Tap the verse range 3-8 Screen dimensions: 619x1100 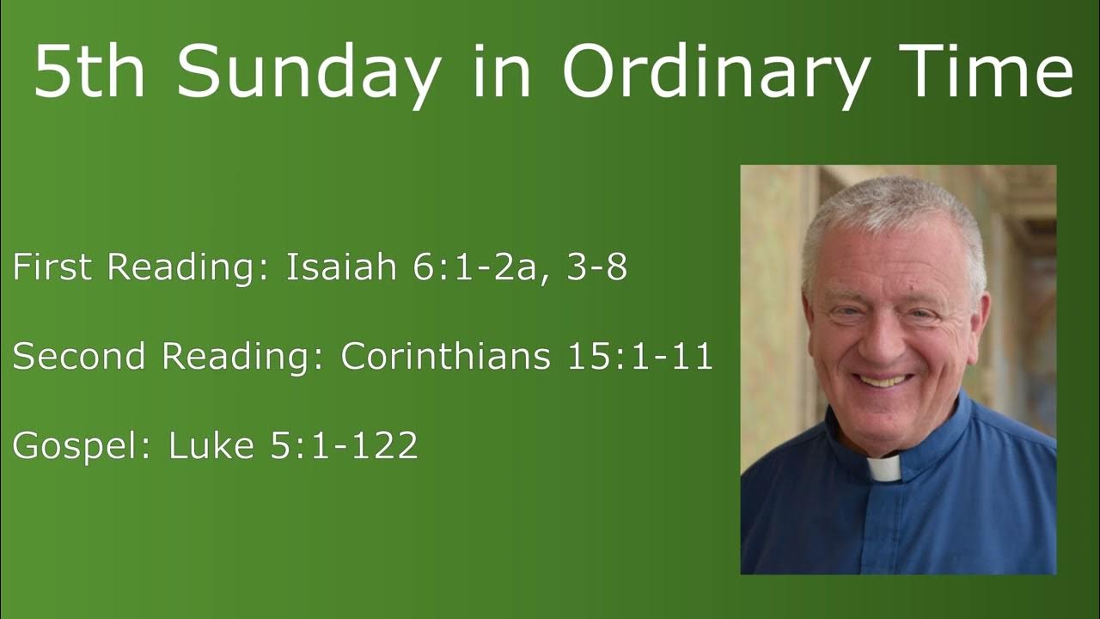click(x=595, y=268)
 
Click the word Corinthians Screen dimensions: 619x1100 click(x=445, y=357)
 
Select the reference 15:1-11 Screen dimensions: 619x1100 click(x=639, y=357)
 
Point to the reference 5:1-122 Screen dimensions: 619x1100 click(x=344, y=446)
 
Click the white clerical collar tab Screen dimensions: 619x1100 click(x=883, y=469)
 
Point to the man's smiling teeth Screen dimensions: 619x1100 click(x=883, y=380)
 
